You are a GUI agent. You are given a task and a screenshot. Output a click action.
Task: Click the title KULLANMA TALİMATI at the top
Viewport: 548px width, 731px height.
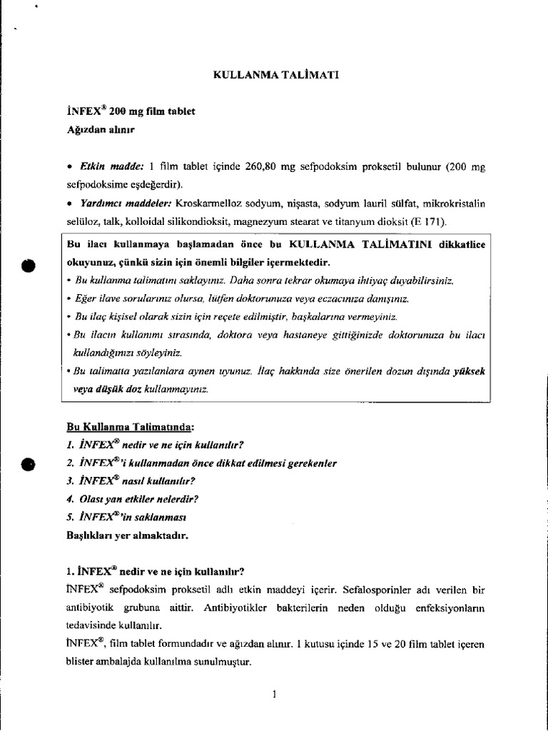272,75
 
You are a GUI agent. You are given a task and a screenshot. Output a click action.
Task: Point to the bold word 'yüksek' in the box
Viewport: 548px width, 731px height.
467,372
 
